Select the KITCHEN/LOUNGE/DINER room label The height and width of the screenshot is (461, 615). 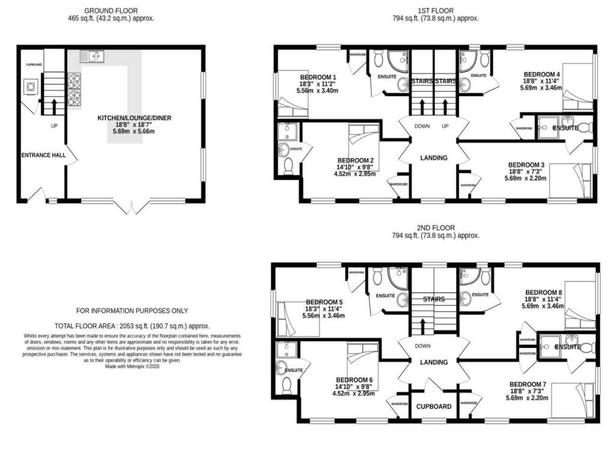pos(135,118)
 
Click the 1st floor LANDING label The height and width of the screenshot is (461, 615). pos(434,158)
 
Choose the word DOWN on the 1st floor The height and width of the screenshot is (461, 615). pos(422,127)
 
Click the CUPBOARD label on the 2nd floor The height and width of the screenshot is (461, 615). pos(434,406)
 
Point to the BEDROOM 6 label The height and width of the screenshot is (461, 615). pos(354,380)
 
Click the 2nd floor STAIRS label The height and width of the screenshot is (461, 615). pos(434,298)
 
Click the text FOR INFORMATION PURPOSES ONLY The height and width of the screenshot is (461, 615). pos(132,311)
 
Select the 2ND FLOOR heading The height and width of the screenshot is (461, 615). pos(436,228)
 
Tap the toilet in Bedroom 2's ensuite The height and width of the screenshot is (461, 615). pos(287,166)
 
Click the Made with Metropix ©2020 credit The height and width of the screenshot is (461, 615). pos(132,366)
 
